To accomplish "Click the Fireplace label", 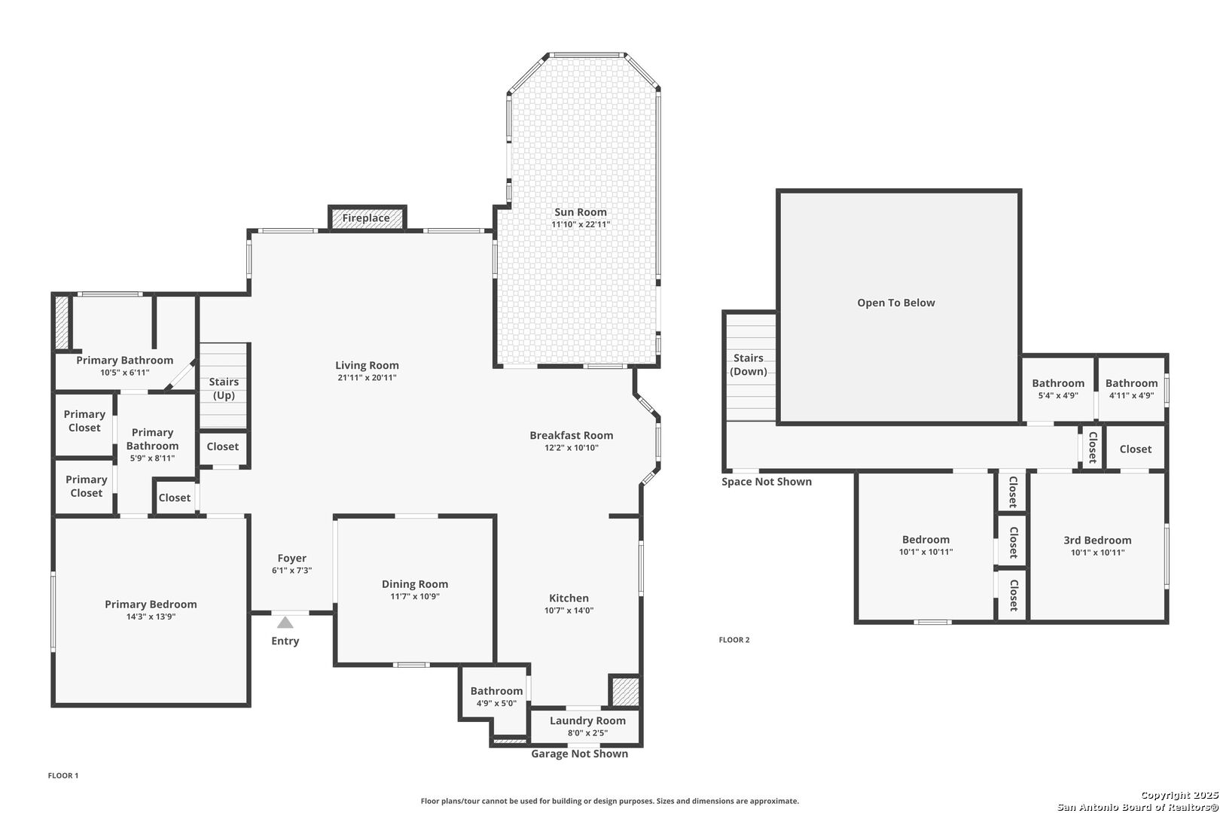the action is tap(366, 218).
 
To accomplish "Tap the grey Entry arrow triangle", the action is tap(285, 623).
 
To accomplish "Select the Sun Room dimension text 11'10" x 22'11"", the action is tap(581, 224).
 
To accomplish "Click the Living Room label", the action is tap(367, 365).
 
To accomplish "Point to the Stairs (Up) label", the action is tap(224, 388).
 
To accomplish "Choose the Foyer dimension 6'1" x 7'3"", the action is tap(292, 571).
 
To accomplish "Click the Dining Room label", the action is tap(415, 583).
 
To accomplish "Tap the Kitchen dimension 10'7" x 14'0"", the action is tap(569, 611).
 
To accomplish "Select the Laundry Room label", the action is tap(587, 720).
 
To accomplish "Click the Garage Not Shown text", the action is tap(580, 754).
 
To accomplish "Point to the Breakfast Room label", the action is tap(572, 435).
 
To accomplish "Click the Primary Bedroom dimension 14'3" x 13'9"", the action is tap(151, 617).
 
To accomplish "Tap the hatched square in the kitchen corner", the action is tap(624, 692).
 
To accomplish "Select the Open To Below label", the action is tap(896, 303).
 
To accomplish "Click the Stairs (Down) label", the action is tap(749, 364).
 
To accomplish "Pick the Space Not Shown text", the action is tap(767, 481).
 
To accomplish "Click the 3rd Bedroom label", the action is tap(1097, 540).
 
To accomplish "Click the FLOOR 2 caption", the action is tap(734, 640).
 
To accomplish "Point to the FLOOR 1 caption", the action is tap(63, 775).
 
